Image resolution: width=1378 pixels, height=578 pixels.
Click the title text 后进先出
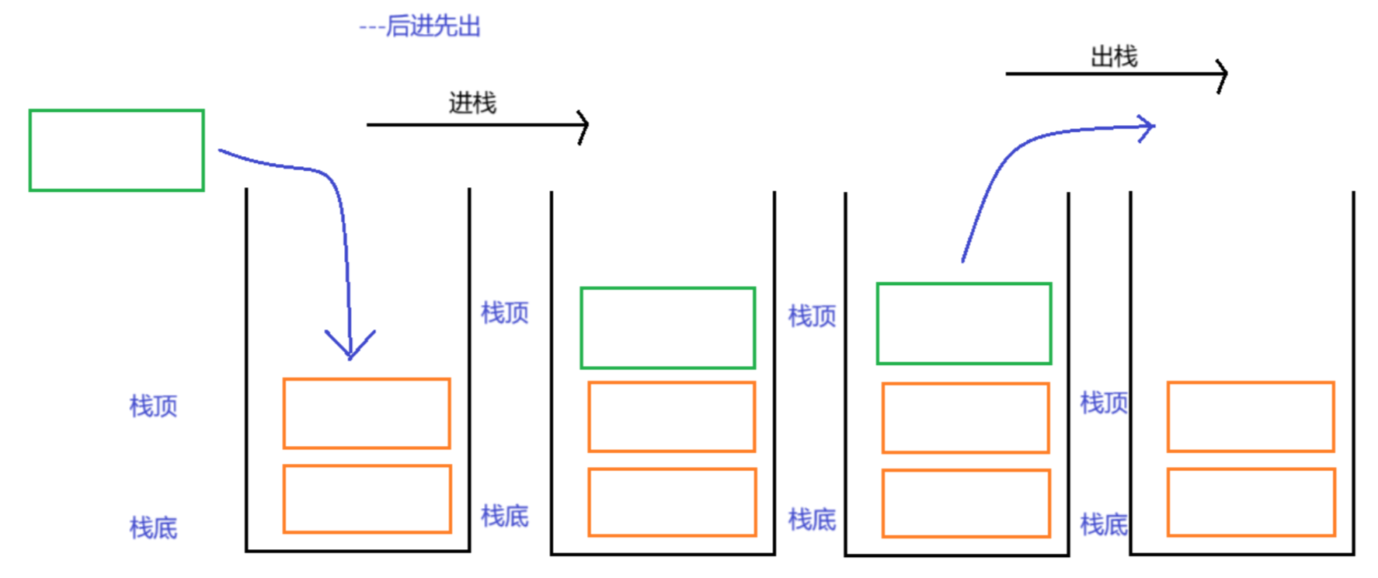(432, 26)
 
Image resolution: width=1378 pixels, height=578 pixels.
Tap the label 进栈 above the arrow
(472, 103)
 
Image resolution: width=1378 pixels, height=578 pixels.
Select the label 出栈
(1114, 57)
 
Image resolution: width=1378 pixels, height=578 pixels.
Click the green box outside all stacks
(117, 150)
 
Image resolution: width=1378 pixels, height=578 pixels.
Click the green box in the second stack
(668, 327)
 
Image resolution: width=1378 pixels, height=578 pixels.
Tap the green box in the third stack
(964, 323)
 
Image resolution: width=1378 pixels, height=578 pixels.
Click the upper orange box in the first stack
(367, 413)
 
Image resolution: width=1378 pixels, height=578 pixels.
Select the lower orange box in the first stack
(367, 499)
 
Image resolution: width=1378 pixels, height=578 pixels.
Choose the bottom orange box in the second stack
(672, 502)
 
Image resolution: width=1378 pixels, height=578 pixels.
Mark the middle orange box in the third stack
(966, 417)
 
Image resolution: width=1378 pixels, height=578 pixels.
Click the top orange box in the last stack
(1251, 416)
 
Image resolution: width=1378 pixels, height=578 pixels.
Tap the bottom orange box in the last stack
(1251, 502)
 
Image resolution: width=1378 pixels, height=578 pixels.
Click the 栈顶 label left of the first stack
(154, 406)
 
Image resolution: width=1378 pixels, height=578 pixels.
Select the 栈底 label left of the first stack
(154, 528)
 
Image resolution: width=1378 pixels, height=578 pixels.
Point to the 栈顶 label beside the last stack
(1104, 402)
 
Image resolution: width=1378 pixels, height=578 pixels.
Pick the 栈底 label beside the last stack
(1104, 524)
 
